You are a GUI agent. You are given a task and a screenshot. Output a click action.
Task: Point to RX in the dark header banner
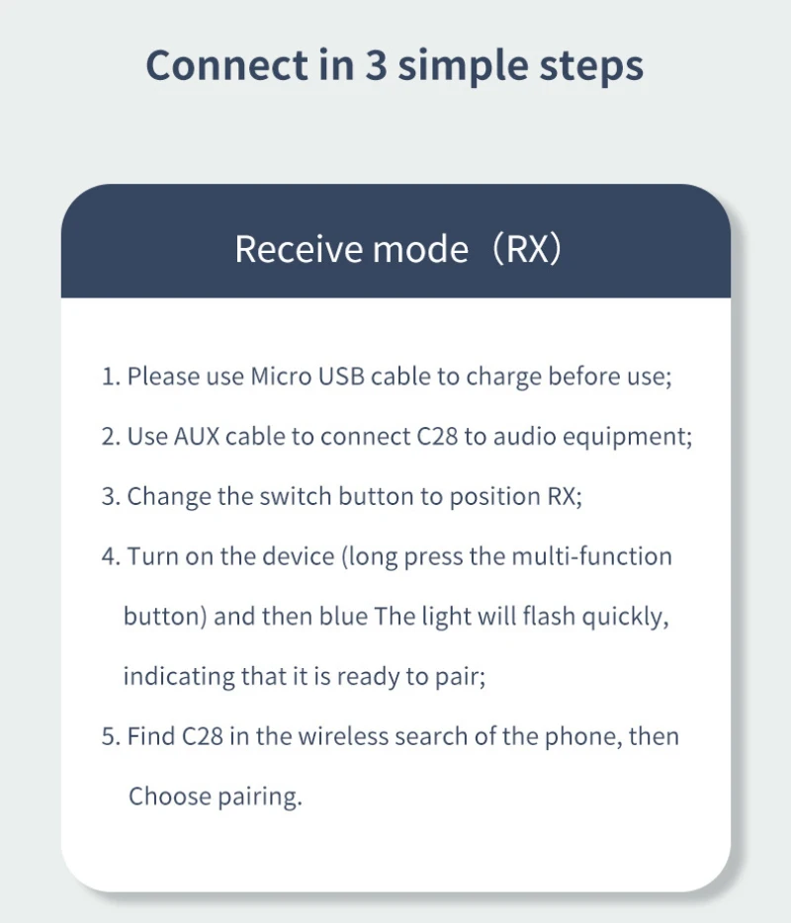coord(528,249)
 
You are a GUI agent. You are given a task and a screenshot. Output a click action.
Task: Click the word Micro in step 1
coord(280,377)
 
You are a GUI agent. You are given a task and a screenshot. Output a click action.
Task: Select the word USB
coord(341,377)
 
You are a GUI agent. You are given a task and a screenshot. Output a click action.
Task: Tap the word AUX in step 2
coord(197,436)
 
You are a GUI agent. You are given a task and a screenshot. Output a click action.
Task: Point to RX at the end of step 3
coord(563,496)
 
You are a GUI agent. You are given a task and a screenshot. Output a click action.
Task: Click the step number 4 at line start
coord(109,556)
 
